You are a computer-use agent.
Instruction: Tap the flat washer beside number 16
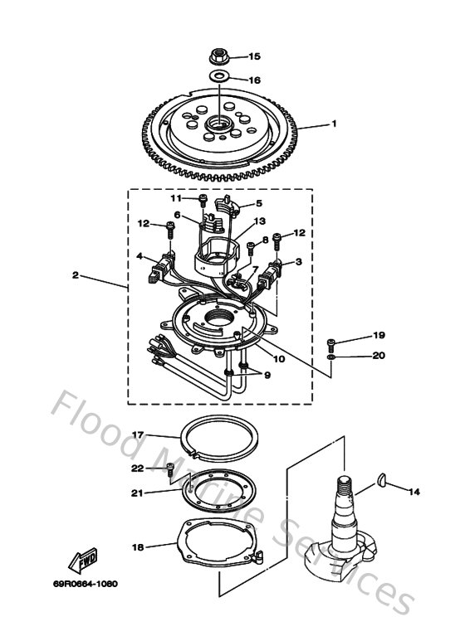click(220, 79)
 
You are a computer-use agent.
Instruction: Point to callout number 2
click(76, 275)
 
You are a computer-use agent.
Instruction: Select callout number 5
click(258, 203)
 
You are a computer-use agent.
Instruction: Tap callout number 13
click(260, 221)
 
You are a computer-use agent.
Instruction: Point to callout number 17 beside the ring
click(139, 434)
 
